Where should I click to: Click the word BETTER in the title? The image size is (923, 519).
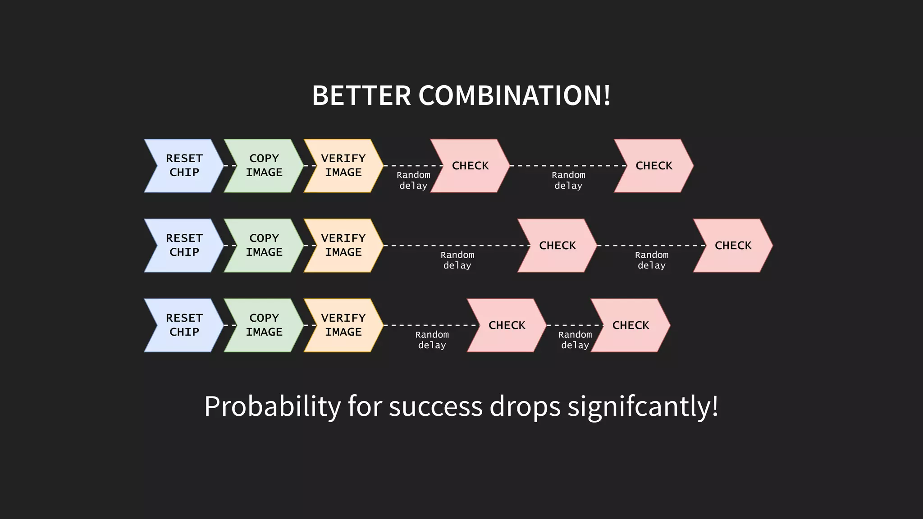361,96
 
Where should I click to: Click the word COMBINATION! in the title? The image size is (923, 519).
514,96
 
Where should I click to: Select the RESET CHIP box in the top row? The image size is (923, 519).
184,165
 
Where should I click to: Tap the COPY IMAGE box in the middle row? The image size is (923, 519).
264,245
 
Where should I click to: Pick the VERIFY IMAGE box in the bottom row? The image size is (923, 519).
343,325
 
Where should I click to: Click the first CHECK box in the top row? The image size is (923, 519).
470,165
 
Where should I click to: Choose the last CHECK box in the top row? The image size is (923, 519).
653,165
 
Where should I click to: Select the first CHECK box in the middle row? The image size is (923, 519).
557,245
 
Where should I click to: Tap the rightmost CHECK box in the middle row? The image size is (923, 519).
733,245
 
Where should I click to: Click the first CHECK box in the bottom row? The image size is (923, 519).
507,325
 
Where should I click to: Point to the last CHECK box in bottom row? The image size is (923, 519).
631,325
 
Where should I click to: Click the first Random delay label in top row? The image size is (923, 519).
413,180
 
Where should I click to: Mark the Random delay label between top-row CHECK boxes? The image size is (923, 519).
568,180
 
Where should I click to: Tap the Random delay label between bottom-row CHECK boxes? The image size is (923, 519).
575,340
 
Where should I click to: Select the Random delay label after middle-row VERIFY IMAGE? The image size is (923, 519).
457,260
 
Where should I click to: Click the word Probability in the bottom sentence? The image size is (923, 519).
272,406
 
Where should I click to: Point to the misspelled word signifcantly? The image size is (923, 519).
643,406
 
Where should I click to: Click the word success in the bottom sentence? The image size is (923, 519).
435,406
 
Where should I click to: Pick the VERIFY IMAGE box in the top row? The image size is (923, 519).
343,165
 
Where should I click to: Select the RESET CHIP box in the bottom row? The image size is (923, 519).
184,325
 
